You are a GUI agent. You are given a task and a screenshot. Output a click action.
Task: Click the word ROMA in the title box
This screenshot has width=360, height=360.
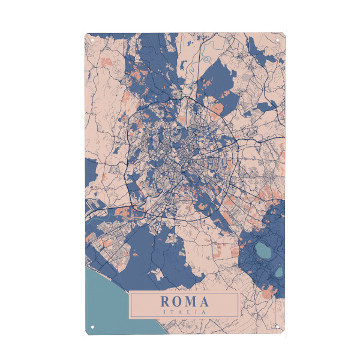tap(185, 301)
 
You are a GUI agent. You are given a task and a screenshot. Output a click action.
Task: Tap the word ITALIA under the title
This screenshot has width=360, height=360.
tap(185, 312)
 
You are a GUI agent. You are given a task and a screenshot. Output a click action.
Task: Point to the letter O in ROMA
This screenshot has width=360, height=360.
tap(178, 301)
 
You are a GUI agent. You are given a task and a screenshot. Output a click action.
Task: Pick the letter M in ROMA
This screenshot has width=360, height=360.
tap(191, 301)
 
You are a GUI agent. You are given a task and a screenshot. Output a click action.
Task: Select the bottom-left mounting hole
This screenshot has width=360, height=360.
tap(93, 328)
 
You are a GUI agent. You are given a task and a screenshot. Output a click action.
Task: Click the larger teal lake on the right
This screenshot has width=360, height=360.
tap(262, 250)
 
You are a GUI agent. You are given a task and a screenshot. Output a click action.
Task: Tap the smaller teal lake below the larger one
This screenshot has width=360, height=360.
tap(278, 272)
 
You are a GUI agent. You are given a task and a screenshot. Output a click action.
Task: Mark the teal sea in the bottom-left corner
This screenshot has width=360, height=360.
tap(105, 300)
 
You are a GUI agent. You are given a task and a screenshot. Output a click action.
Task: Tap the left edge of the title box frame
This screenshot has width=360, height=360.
tap(131, 305)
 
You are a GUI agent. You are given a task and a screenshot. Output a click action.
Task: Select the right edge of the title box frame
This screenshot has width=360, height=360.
tap(238, 305)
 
